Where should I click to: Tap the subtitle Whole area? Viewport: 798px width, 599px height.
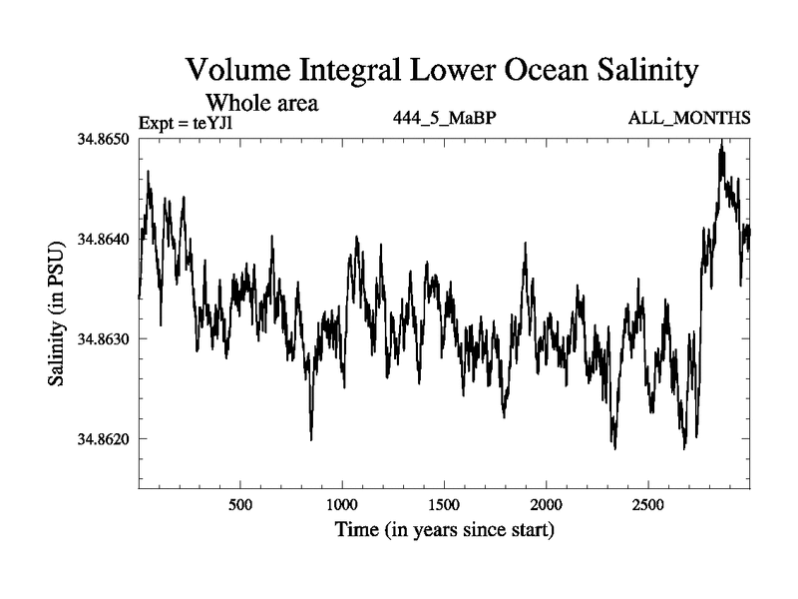[x=261, y=102]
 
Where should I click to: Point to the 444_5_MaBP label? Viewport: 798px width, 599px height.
[x=445, y=119]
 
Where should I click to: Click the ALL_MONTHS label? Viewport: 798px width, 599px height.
[x=689, y=119]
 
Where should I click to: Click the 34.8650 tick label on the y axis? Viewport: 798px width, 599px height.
[x=106, y=139]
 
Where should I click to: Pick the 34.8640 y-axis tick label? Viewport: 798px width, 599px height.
[x=106, y=240]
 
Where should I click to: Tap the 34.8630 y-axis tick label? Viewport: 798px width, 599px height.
[x=106, y=339]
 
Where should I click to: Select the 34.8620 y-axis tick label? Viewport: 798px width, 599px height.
[x=106, y=439]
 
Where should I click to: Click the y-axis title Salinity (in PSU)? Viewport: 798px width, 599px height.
[x=61, y=312]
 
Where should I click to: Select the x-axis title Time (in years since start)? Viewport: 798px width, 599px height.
[x=445, y=528]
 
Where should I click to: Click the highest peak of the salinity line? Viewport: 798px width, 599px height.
[x=721, y=143]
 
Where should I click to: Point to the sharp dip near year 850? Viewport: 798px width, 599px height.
[x=311, y=437]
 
